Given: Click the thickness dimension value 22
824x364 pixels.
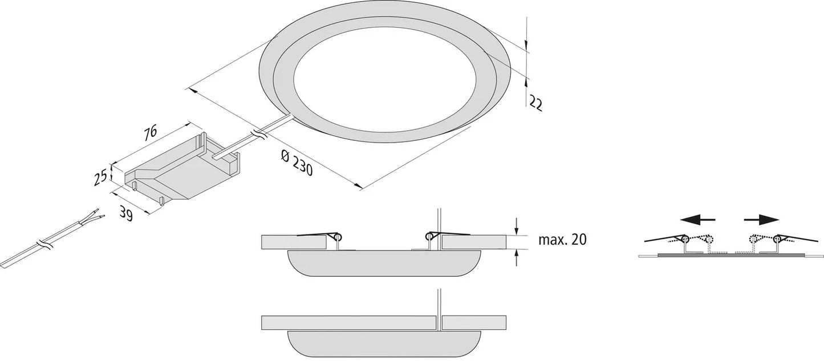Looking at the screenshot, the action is pos(535,103).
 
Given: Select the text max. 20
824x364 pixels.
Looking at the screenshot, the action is pos(562,240).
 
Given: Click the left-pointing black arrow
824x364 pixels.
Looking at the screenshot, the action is pos(697,220).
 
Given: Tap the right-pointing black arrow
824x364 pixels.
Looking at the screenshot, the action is pos(761,220).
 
